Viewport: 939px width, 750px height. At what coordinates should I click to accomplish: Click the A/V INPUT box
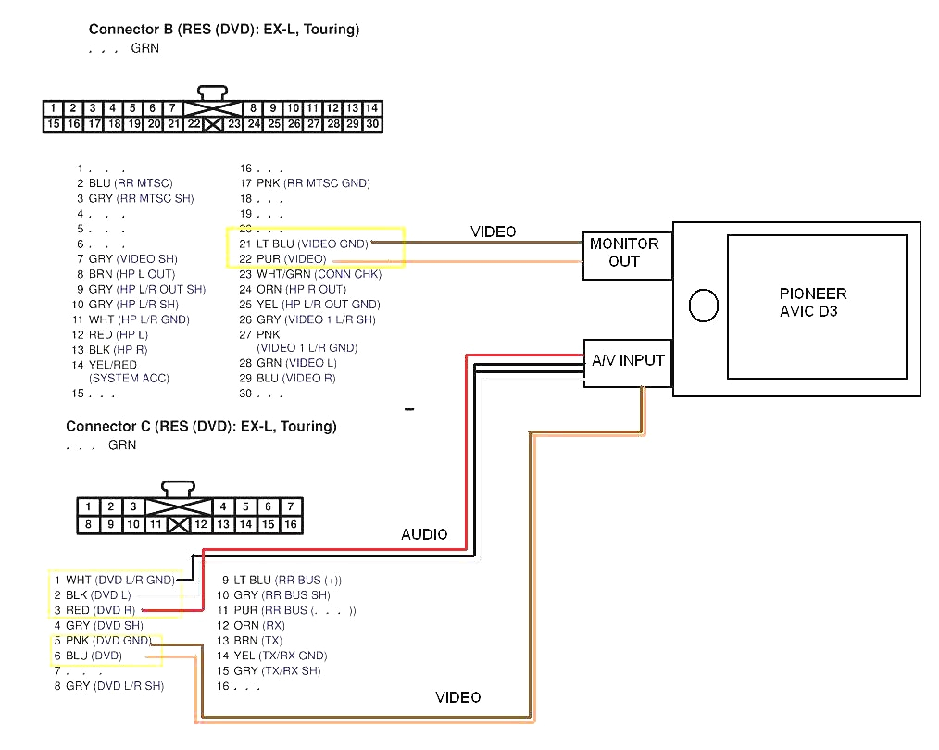(x=628, y=359)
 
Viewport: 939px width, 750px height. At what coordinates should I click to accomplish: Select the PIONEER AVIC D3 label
(x=812, y=303)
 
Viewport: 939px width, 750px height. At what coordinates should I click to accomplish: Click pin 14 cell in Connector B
(x=372, y=108)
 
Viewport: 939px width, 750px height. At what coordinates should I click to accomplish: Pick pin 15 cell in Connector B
(x=54, y=124)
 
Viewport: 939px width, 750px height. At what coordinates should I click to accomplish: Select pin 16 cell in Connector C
(x=291, y=524)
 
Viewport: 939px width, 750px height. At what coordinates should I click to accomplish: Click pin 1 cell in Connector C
(x=89, y=506)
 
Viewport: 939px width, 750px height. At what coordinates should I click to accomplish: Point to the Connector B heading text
(x=224, y=30)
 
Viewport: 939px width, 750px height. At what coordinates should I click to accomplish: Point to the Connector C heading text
(x=201, y=427)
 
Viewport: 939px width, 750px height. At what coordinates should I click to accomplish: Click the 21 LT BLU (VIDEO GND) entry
(x=304, y=244)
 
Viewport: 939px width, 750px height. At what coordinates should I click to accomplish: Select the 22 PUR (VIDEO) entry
(x=283, y=258)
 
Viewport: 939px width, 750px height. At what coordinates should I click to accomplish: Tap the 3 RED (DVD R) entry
(x=94, y=610)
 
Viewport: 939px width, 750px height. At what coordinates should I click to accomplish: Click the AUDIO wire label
(x=424, y=534)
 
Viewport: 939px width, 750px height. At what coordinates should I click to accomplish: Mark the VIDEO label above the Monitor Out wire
(x=494, y=231)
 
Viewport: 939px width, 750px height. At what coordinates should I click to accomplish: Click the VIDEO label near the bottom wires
(x=458, y=697)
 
